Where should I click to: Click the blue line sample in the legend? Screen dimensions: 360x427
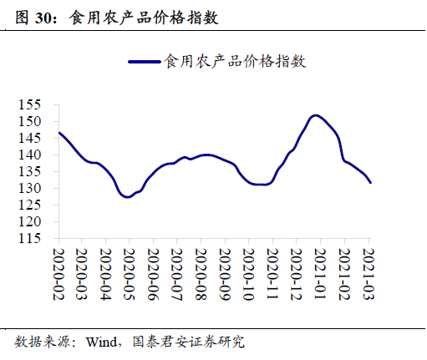pyautogui.click(x=145, y=61)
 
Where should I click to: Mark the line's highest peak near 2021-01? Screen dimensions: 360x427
pyautogui.click(x=315, y=115)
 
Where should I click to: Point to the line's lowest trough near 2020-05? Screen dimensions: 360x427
pyautogui.click(x=127, y=197)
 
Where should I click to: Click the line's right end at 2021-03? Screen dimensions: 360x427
pyautogui.click(x=371, y=182)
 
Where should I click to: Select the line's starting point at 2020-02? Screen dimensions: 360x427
pyautogui.click(x=58, y=133)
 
